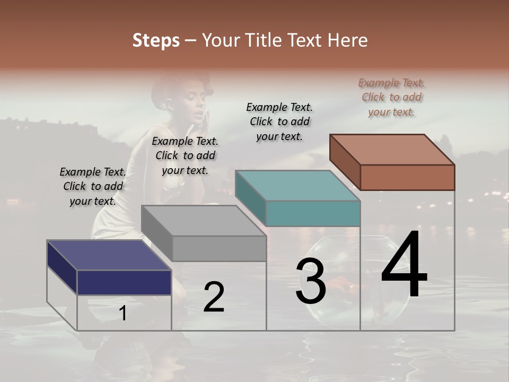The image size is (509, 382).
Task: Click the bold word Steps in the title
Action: click(x=156, y=40)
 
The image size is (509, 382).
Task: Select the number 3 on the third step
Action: click(x=311, y=282)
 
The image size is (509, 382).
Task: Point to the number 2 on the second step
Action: click(x=214, y=297)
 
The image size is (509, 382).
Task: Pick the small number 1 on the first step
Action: click(x=122, y=314)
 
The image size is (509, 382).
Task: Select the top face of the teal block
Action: click(x=297, y=186)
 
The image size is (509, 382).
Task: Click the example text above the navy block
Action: click(x=93, y=186)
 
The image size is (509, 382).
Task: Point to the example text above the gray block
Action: click(x=185, y=155)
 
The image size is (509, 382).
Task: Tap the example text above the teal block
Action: click(x=279, y=121)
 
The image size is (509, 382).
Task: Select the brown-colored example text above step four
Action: click(x=391, y=97)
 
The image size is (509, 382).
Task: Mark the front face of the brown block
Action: click(x=407, y=177)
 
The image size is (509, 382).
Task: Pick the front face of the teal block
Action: click(x=313, y=213)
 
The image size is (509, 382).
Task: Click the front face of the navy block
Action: click(x=124, y=282)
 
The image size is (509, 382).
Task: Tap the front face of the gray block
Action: click(x=219, y=248)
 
